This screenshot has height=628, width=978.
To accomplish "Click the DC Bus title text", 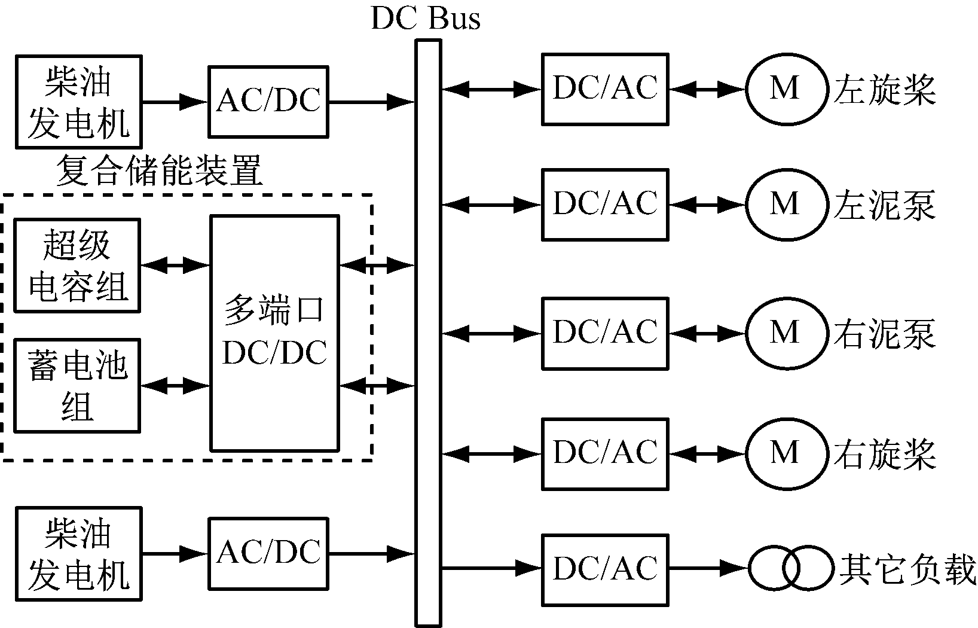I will [x=426, y=18].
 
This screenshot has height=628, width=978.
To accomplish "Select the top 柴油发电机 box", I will [x=78, y=102].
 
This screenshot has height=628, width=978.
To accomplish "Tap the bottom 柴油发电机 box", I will [x=78, y=553].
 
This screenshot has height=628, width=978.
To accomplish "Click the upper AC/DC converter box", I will [x=268, y=102].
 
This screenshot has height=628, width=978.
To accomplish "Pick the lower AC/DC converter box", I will [x=268, y=553].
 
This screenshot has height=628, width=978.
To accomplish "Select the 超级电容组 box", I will [x=77, y=265].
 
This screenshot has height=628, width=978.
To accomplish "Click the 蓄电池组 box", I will [x=77, y=386].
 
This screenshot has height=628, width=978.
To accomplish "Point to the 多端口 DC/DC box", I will [x=274, y=333].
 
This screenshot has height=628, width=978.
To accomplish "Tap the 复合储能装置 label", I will [x=159, y=171].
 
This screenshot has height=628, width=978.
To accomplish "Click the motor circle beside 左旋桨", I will [x=785, y=89].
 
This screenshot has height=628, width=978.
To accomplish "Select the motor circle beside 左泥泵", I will [x=785, y=205].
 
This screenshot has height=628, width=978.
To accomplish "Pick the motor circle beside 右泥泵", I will [x=785, y=333].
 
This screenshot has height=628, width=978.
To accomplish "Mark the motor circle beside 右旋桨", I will [x=785, y=453].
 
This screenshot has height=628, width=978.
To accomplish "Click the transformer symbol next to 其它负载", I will [x=791, y=568].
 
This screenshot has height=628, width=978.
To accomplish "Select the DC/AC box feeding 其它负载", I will [x=605, y=569].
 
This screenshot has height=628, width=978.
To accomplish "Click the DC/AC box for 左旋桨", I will [x=605, y=89].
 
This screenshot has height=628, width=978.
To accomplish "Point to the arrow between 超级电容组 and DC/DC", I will [x=175, y=265].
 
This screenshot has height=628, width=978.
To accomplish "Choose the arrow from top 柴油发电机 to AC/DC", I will [x=175, y=102].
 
